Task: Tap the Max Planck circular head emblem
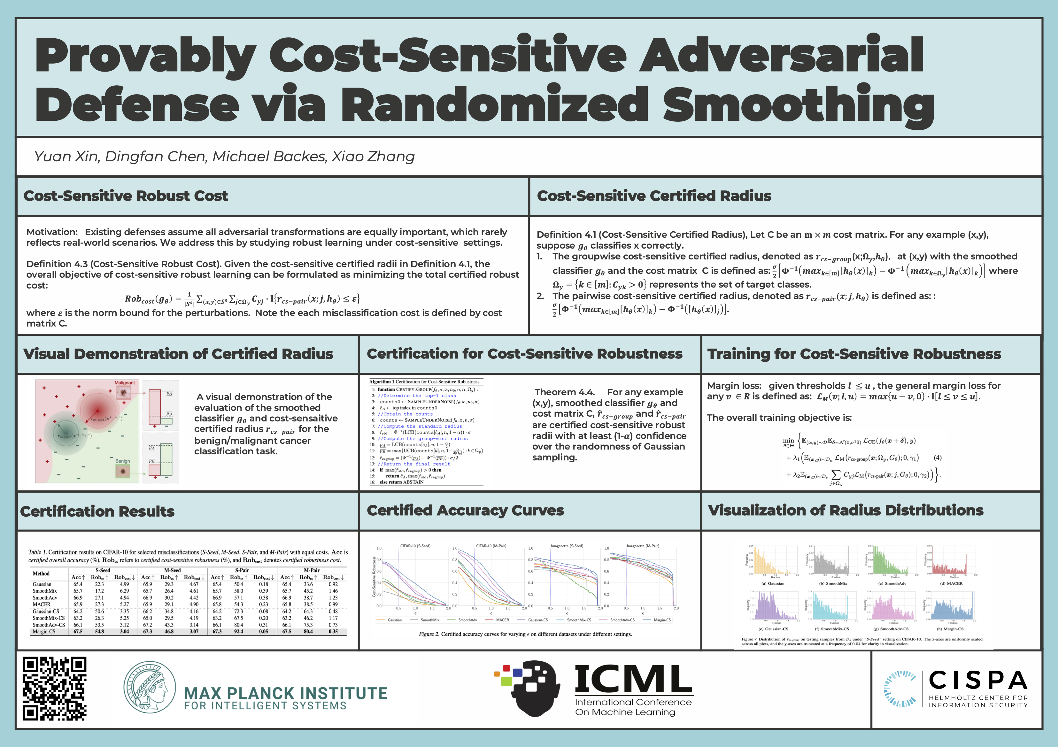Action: (150, 687)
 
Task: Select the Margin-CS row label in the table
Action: (44, 631)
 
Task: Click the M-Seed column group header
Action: (172, 570)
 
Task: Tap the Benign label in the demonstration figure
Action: (123, 461)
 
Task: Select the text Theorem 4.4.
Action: (565, 392)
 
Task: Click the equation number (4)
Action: (937, 458)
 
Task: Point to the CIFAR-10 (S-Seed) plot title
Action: (415, 546)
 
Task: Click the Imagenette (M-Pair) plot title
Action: (643, 546)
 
